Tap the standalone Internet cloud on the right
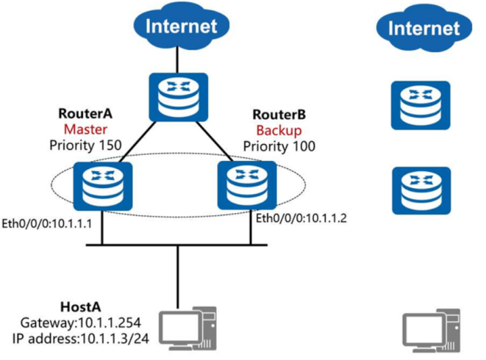point(421,30)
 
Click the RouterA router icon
point(107,187)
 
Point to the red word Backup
point(283,130)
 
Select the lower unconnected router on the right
point(420,190)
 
